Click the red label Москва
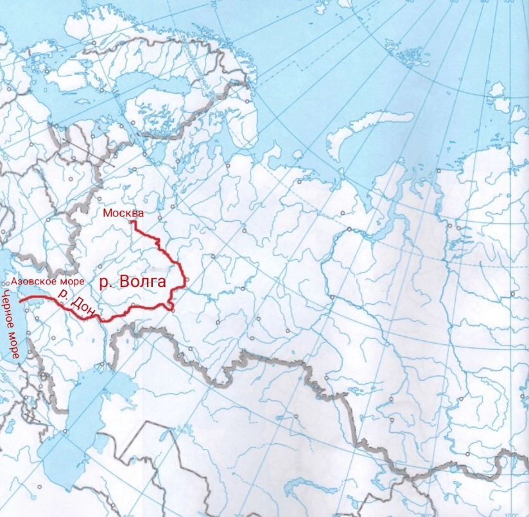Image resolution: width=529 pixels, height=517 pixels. [124, 213]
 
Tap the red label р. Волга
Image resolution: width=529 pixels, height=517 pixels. [132, 281]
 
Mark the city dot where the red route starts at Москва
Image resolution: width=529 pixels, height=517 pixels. [133, 222]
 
